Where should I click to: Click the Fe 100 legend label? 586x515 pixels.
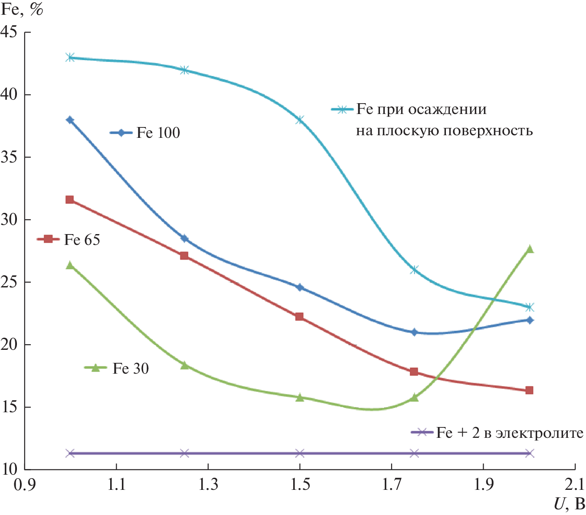(158, 133)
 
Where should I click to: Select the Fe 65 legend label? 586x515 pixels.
(82, 240)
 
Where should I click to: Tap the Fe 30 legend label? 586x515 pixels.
(131, 368)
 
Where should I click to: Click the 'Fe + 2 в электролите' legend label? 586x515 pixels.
(510, 433)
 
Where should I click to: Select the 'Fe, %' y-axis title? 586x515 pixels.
(22, 10)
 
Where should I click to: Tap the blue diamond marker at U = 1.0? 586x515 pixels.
(70, 120)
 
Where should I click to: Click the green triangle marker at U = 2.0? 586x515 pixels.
(529, 249)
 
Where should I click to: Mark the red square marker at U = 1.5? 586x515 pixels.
(299, 317)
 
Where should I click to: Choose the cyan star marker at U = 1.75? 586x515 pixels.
(414, 270)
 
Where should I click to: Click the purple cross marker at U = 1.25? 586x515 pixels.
(184, 453)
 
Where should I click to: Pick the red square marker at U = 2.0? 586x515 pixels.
(529, 391)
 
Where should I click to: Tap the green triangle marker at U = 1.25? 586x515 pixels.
(184, 365)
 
